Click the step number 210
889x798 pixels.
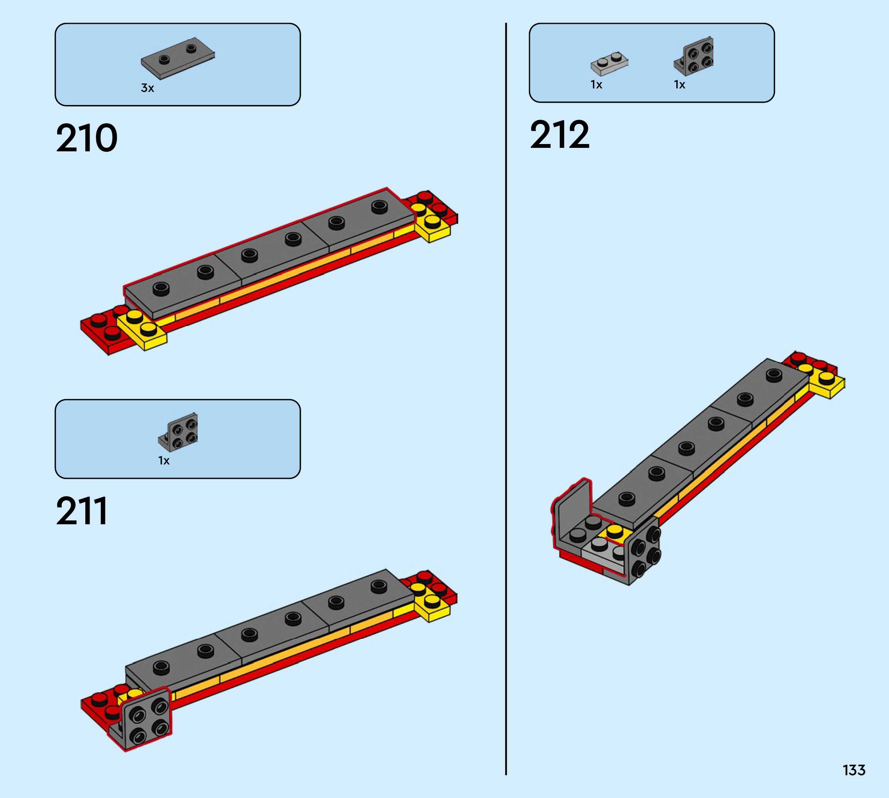[x=87, y=139]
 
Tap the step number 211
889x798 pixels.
[x=81, y=511]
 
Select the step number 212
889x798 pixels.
[x=559, y=135]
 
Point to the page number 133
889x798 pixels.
[x=854, y=770]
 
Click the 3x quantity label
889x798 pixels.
[x=147, y=88]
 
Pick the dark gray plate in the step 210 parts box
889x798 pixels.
[x=178, y=58]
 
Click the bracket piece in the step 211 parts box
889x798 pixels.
[x=178, y=432]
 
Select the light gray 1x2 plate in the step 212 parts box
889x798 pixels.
[x=609, y=64]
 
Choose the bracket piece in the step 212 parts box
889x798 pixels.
[x=694, y=56]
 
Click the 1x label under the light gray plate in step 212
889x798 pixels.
[x=596, y=85]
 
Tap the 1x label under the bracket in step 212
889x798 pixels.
[x=679, y=85]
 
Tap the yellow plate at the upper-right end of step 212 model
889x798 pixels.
[x=827, y=383]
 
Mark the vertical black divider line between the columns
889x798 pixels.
[x=506, y=395]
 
